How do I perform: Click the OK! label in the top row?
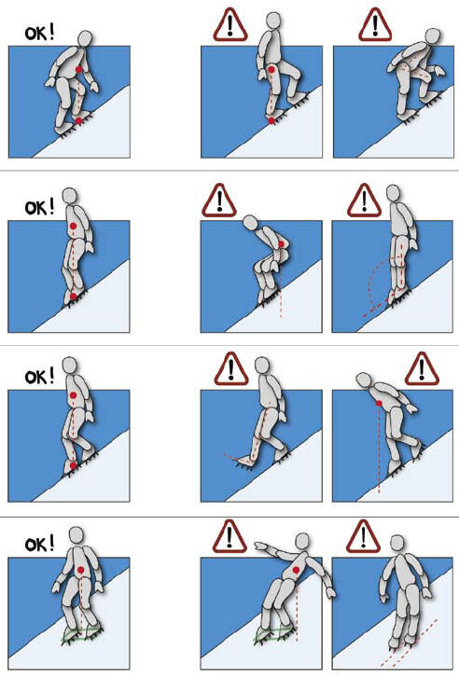[x=40, y=34]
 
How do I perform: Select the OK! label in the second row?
[x=40, y=207]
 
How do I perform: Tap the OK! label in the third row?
[x=40, y=377]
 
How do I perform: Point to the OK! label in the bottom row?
[x=40, y=544]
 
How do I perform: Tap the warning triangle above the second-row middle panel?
[x=219, y=200]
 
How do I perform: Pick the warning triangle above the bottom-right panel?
[x=363, y=537]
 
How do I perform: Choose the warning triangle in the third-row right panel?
[x=422, y=369]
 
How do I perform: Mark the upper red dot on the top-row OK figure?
[x=78, y=70]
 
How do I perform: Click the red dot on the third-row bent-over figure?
[x=379, y=403]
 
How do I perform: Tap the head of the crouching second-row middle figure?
[x=250, y=222]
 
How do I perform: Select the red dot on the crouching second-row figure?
[x=282, y=245]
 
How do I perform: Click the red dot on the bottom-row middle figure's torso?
[x=296, y=571]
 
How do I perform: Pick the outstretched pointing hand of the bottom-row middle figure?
[x=260, y=546]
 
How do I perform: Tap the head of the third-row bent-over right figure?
[x=364, y=380]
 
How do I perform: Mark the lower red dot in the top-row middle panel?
[x=271, y=121]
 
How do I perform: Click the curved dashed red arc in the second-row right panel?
[x=369, y=285]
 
